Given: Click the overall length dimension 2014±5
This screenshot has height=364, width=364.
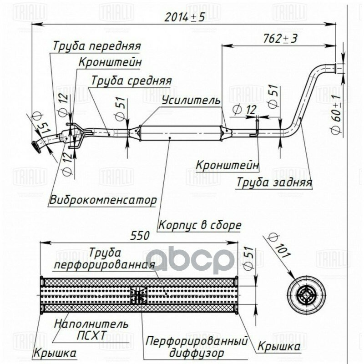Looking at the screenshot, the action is pos(185,17).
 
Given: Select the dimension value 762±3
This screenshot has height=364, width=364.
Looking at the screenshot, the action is pos(280,39).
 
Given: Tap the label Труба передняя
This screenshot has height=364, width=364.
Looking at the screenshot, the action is pos(97,46).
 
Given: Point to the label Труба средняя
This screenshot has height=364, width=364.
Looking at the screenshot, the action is pos(131,81).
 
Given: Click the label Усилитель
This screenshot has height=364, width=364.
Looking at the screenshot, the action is pos(191,100).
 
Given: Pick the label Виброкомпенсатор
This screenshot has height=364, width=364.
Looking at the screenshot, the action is pos(103,200).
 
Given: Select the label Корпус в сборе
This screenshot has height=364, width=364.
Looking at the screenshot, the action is pos(200,225).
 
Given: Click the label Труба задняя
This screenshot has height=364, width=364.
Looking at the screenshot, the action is pos(274,182).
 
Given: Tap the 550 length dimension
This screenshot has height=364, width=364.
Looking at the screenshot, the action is pos(140,236).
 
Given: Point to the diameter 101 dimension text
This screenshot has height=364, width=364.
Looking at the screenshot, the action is pos(279,246).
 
